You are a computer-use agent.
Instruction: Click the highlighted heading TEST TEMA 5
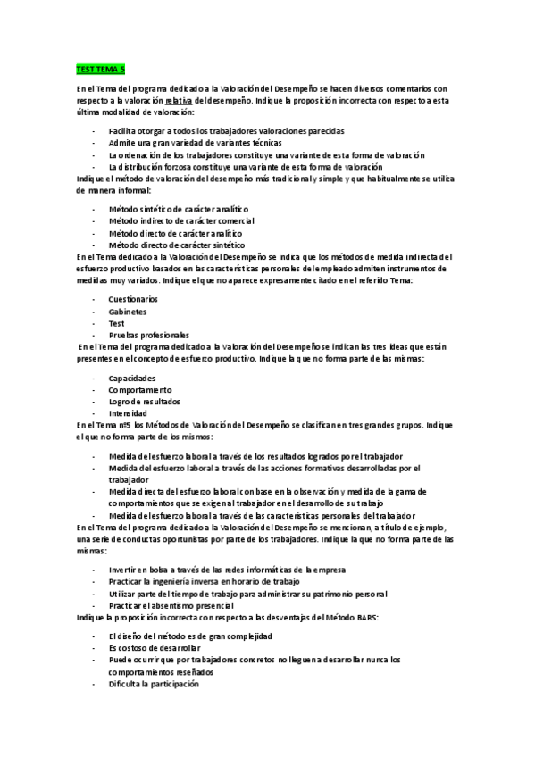[x=99, y=68]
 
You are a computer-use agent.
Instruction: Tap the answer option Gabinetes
[x=128, y=311]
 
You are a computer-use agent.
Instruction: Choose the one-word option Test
[x=117, y=323]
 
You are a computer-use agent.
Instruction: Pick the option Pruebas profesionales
[x=148, y=336]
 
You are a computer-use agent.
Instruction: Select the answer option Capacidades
[x=131, y=378]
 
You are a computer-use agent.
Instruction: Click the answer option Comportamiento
[x=140, y=390]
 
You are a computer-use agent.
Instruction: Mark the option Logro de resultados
[x=145, y=402]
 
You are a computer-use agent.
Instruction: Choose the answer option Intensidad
[x=129, y=414]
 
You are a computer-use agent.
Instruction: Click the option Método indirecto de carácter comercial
[x=180, y=220]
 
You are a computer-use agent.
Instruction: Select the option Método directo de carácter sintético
[x=177, y=245]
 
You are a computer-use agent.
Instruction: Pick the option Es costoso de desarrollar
[x=155, y=647]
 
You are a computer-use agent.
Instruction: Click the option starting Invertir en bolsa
[x=225, y=569]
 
